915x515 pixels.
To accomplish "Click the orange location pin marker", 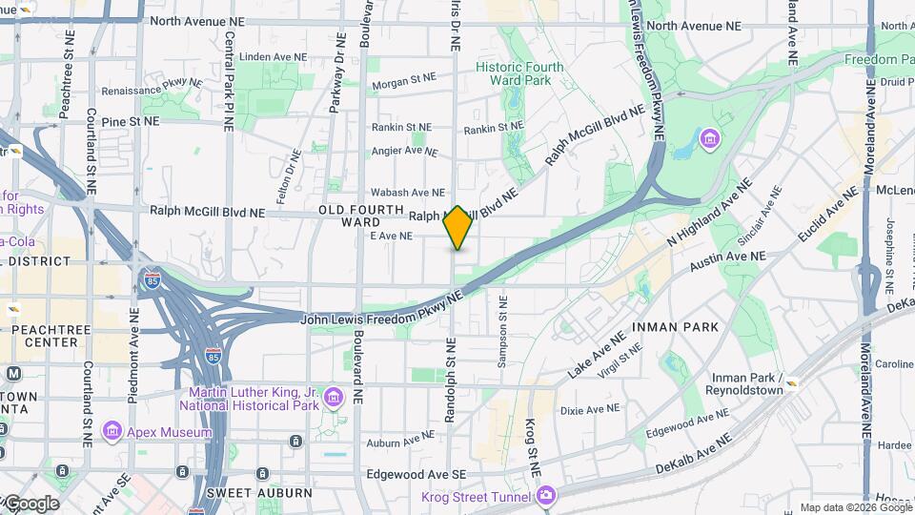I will (x=457, y=228).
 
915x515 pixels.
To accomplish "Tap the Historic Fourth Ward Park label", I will (x=519, y=74).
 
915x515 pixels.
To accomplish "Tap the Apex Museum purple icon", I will (x=112, y=432).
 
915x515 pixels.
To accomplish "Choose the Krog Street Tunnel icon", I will (x=545, y=495).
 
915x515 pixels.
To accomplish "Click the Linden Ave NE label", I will (x=273, y=57).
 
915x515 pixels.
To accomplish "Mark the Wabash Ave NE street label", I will (x=407, y=193).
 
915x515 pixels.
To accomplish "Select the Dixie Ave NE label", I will (x=590, y=410).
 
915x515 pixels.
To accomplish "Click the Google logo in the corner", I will (x=30, y=504).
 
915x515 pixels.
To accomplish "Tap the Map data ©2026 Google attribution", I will (x=854, y=507).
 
